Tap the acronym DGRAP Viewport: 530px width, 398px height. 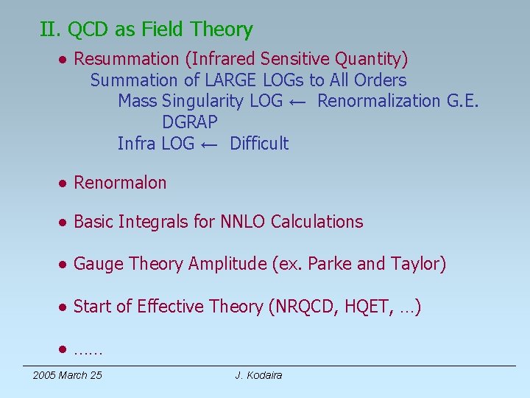point(190,122)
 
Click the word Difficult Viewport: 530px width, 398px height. point(259,144)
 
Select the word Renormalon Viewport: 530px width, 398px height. point(120,183)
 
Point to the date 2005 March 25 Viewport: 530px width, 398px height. point(68,376)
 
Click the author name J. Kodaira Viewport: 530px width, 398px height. point(258,376)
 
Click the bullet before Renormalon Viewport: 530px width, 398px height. point(65,184)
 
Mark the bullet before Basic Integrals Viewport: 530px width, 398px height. point(65,223)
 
